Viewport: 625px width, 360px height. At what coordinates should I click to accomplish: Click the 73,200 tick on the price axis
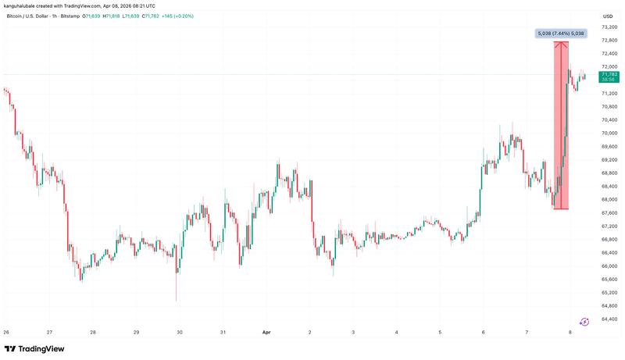(x=609, y=27)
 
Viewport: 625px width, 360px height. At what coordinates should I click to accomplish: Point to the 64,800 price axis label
(x=609, y=306)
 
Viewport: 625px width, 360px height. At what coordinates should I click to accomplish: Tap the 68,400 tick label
(x=609, y=186)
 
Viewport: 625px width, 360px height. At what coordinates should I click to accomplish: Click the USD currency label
(x=607, y=16)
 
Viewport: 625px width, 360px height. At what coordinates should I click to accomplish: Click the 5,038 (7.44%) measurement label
(x=561, y=34)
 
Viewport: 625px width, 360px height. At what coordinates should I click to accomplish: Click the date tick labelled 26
(x=6, y=332)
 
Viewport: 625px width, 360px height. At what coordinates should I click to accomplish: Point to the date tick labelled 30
(x=180, y=332)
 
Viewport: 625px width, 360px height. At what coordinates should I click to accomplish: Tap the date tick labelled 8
(x=570, y=332)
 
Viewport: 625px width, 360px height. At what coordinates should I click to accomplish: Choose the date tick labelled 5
(x=441, y=332)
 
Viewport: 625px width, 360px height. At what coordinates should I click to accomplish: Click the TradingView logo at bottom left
(x=34, y=349)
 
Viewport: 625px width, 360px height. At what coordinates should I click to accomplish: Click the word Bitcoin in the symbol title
(x=15, y=16)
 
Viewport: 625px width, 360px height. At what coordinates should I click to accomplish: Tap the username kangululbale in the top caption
(x=23, y=6)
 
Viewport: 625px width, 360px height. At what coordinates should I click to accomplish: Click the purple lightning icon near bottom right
(x=584, y=321)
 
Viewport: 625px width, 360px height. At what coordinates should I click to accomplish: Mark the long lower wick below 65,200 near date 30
(x=176, y=293)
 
